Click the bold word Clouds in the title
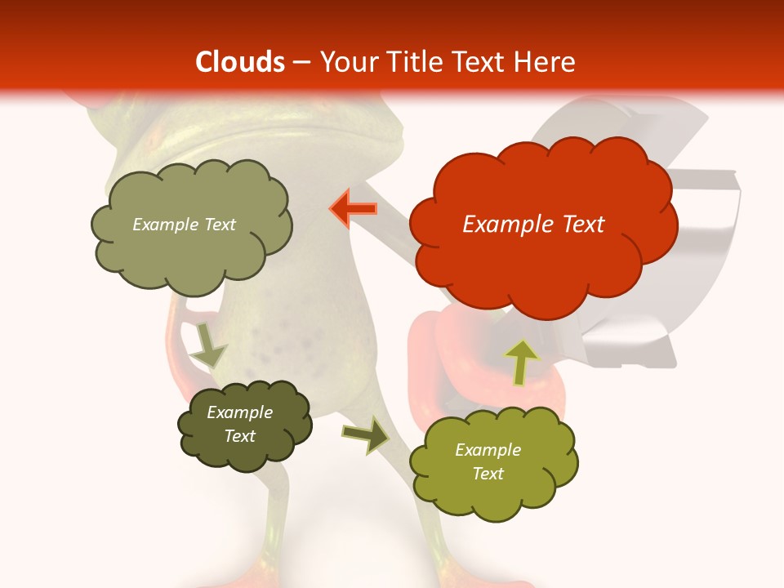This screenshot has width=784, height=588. click(240, 62)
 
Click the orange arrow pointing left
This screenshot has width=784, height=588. click(354, 209)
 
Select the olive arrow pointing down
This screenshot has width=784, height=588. click(208, 345)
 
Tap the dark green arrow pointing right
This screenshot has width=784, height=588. click(366, 434)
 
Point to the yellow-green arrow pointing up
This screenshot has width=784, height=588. click(521, 361)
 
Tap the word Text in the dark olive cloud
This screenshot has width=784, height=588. click(240, 436)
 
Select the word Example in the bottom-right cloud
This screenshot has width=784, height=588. click(488, 450)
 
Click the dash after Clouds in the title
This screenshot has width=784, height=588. click(301, 63)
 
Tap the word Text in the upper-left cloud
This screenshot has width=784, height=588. click(219, 225)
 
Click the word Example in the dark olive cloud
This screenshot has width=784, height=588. click(240, 412)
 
